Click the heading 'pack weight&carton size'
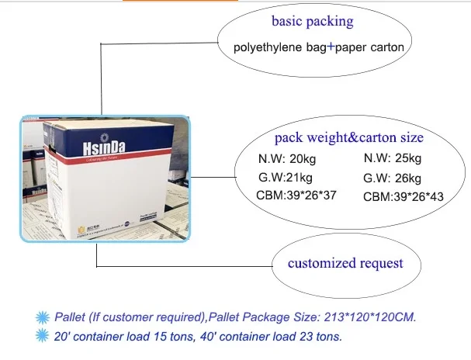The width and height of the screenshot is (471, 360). coord(349,138)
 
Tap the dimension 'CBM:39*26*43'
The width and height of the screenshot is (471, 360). coord(403,198)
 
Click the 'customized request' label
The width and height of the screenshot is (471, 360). coord(345,263)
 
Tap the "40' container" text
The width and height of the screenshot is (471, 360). coord(237,336)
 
